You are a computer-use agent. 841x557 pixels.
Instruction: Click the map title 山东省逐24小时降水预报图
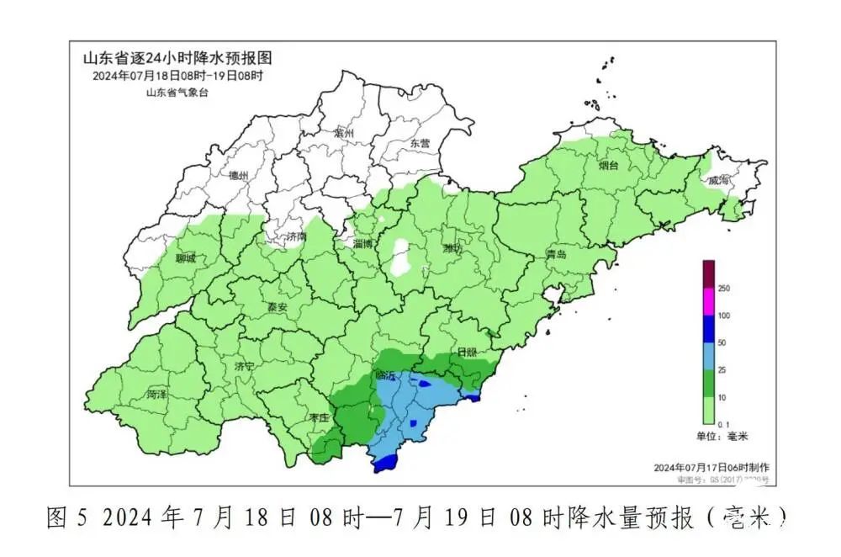[x=177, y=59]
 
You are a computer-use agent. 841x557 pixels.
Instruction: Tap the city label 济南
[x=296, y=237]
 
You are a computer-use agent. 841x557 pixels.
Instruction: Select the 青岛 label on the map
[x=556, y=254]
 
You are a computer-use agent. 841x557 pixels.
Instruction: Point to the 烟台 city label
[x=608, y=166]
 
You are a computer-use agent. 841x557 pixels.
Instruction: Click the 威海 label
[x=720, y=180]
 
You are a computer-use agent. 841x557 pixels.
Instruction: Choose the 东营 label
[x=419, y=144]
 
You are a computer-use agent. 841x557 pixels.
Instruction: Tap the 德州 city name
[x=239, y=176]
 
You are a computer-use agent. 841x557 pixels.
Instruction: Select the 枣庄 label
[x=318, y=417]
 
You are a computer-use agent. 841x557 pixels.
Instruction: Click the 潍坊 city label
[x=453, y=248]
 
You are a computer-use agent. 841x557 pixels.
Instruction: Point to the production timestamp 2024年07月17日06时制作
[x=711, y=467]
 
